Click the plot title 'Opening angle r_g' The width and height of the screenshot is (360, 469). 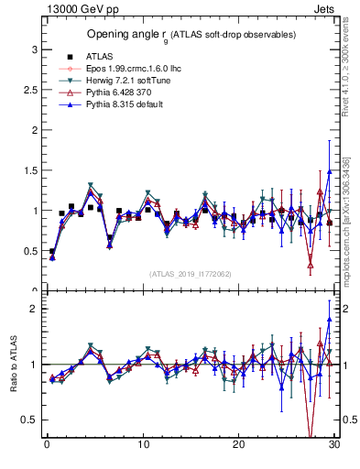[x=191, y=35]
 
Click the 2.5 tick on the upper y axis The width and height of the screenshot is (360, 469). [x=29, y=89]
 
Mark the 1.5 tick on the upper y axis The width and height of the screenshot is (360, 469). [x=29, y=169]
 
